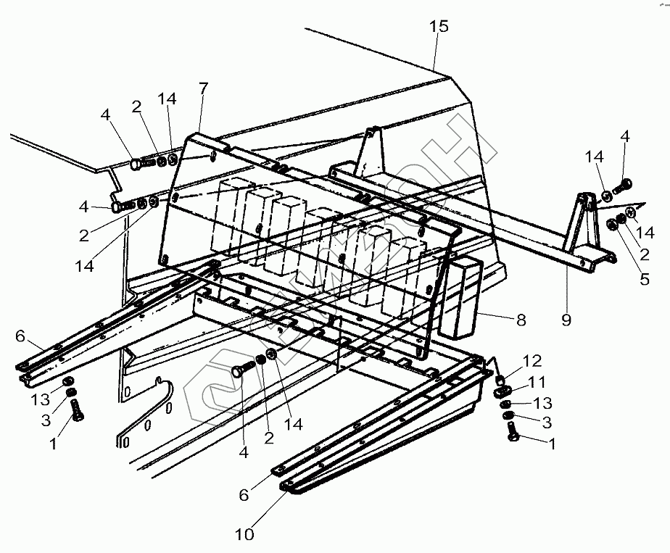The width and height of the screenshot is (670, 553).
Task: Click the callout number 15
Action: point(439,27)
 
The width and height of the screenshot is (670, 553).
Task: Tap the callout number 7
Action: point(203,88)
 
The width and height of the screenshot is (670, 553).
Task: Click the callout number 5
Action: point(644,278)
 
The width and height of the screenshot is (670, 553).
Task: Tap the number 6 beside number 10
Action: point(244,494)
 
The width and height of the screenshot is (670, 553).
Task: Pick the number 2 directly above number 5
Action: point(644,254)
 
